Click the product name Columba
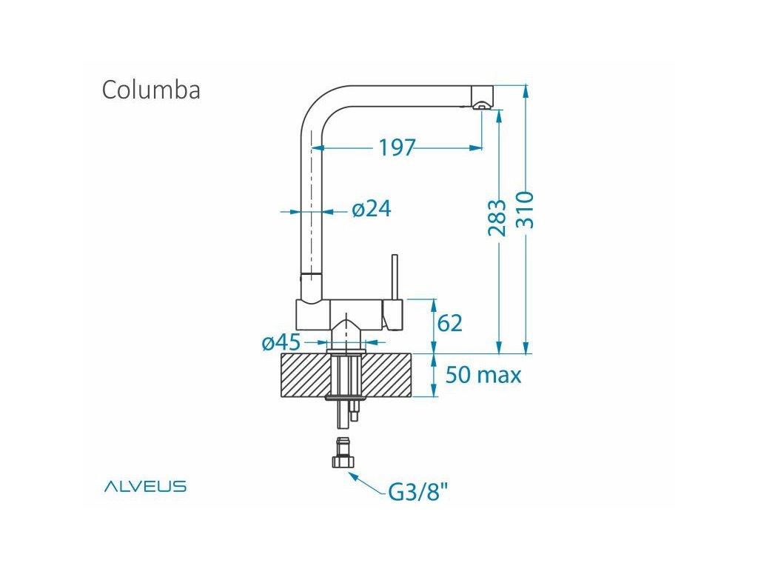pyautogui.click(x=151, y=90)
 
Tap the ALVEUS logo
pyautogui.click(x=145, y=487)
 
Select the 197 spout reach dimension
pyautogui.click(x=397, y=148)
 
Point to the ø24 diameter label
pyautogui.click(x=372, y=210)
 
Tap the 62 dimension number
pyautogui.click(x=450, y=323)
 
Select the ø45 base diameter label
pyautogui.click(x=281, y=343)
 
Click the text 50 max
pyautogui.click(x=483, y=375)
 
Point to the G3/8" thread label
pyautogui.click(x=418, y=491)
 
